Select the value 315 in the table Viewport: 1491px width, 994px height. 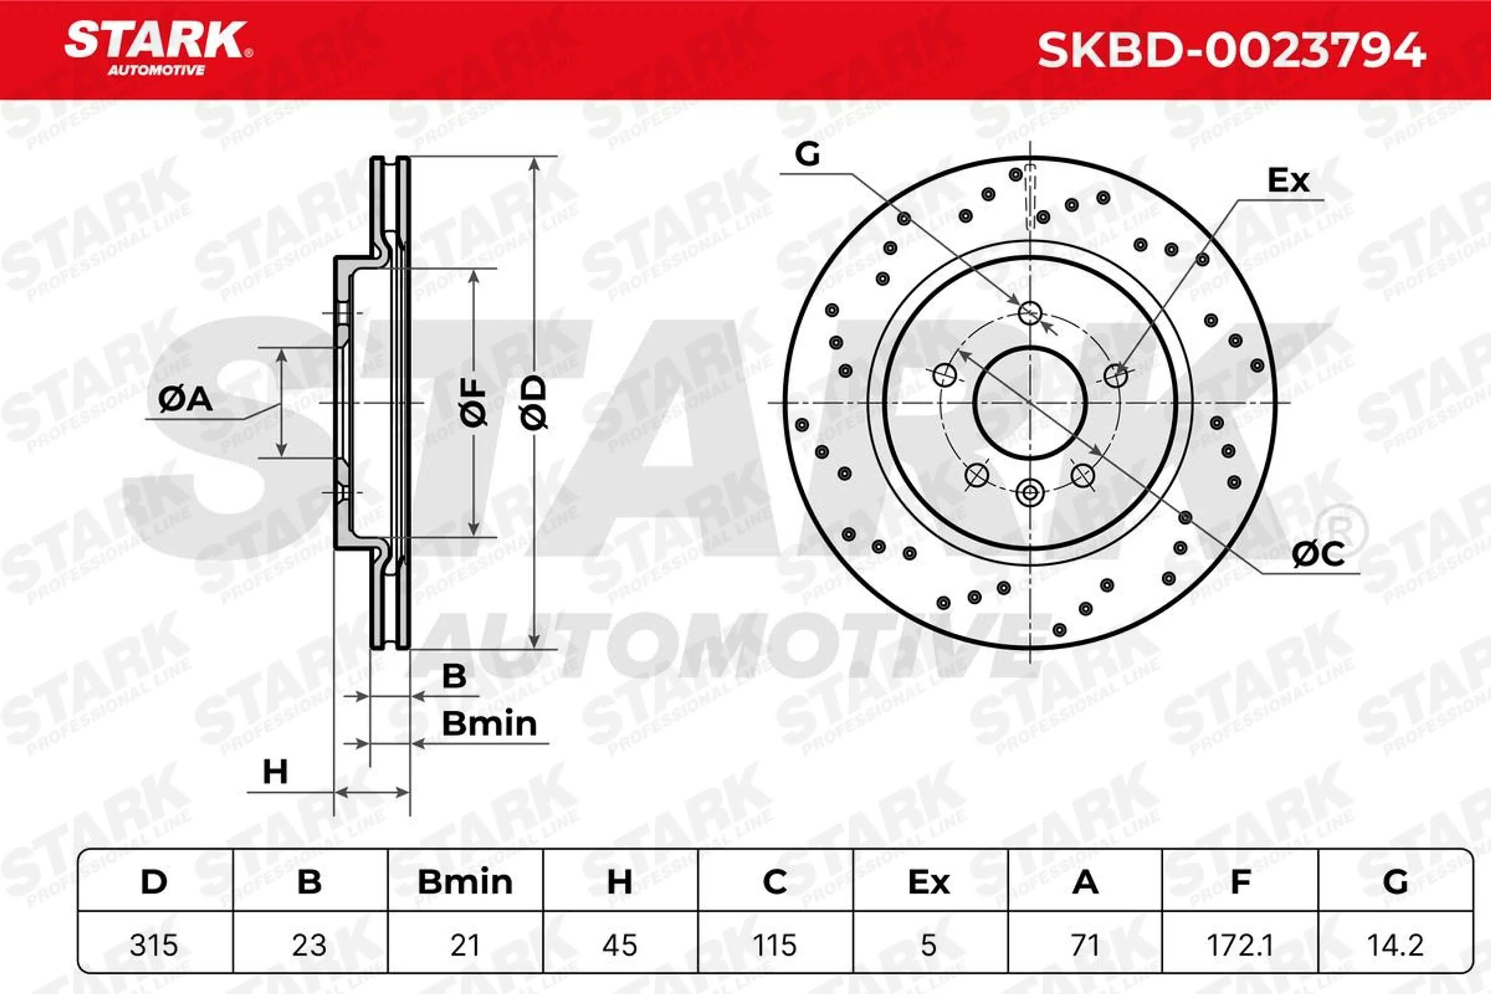[154, 945]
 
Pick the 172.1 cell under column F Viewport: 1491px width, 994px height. [1240, 945]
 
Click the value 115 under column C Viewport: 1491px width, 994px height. [775, 945]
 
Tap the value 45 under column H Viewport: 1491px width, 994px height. [619, 945]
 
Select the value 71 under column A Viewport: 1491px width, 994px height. [1084, 945]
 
